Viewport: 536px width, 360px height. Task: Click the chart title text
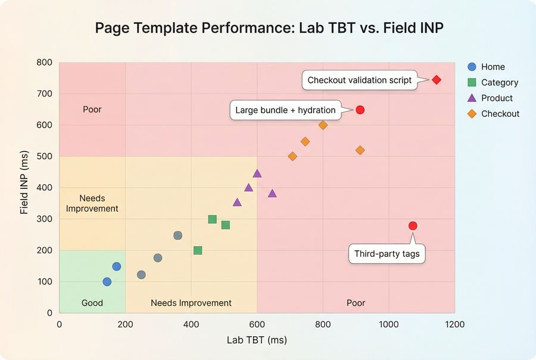pyautogui.click(x=269, y=28)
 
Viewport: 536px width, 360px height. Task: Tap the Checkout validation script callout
pyautogui.click(x=360, y=80)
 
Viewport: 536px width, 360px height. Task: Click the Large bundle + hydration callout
pyautogui.click(x=285, y=110)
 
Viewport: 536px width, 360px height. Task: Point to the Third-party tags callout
pyautogui.click(x=387, y=253)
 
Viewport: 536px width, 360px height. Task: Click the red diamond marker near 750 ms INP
pyautogui.click(x=437, y=80)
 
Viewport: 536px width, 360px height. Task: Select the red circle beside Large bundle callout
pyautogui.click(x=360, y=110)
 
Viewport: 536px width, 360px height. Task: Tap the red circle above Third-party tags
pyautogui.click(x=413, y=226)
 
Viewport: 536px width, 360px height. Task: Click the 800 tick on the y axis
pyautogui.click(x=45, y=63)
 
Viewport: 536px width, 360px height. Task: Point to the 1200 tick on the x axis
pyautogui.click(x=454, y=324)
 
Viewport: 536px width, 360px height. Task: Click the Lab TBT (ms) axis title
pyautogui.click(x=257, y=340)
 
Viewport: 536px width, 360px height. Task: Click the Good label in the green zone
pyautogui.click(x=92, y=303)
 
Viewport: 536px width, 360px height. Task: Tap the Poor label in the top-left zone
pyautogui.click(x=92, y=109)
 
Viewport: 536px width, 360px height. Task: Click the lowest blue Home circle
pyautogui.click(x=107, y=282)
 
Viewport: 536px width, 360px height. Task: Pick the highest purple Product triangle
pyautogui.click(x=257, y=173)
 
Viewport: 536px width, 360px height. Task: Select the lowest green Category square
pyautogui.click(x=198, y=250)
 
